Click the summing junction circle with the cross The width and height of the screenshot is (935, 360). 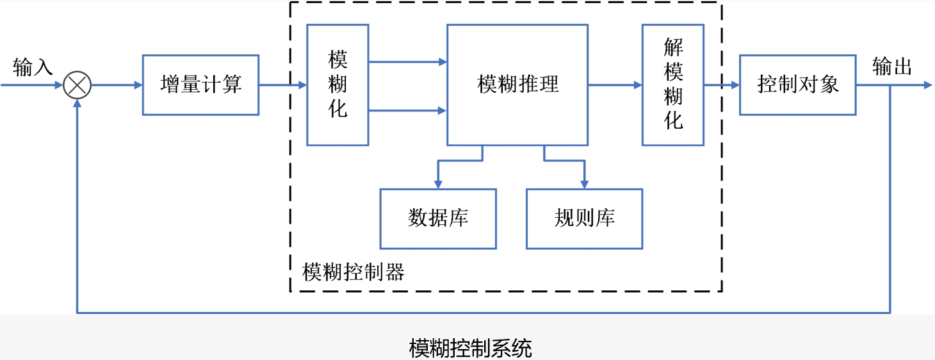(x=77, y=85)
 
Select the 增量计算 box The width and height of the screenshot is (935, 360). (x=200, y=85)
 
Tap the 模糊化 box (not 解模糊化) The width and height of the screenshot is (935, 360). (x=337, y=85)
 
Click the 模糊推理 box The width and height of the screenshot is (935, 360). (x=517, y=85)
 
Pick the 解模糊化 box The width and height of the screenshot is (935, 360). (x=673, y=85)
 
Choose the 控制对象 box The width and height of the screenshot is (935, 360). (x=797, y=85)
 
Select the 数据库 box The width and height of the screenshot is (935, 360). (x=438, y=218)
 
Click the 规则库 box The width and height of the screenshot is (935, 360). (x=584, y=218)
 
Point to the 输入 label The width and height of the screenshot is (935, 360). (x=32, y=67)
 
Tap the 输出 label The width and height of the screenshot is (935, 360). (x=892, y=67)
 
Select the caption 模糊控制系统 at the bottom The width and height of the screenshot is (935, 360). (x=470, y=348)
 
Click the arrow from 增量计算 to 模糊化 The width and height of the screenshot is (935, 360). (x=282, y=85)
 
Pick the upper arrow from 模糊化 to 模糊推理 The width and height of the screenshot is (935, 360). (x=407, y=62)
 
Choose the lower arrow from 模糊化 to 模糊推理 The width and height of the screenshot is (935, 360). (x=407, y=111)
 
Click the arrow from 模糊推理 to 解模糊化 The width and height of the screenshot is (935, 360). (x=615, y=85)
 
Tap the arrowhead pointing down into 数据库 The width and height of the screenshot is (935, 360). (x=438, y=184)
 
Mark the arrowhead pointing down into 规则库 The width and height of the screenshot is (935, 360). (x=584, y=184)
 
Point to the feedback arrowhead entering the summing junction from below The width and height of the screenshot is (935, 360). (x=77, y=104)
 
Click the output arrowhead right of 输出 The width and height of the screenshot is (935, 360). (x=928, y=85)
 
